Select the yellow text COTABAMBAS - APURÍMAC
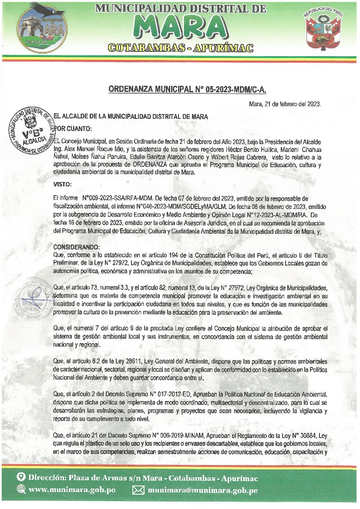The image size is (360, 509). tap(180, 47)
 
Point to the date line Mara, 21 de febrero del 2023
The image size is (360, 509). tap(285, 104)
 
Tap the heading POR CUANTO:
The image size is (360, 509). tap(73, 128)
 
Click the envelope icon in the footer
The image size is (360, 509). tap(138, 490)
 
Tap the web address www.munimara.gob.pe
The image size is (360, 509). tap(72, 490)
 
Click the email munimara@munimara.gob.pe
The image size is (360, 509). tap(203, 490)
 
